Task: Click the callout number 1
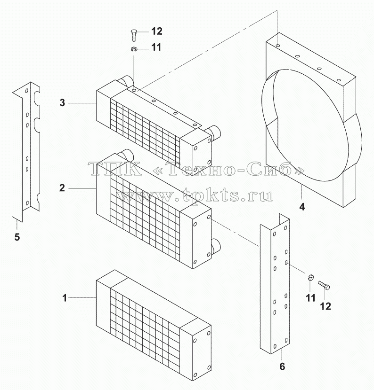65,298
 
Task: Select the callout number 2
62,188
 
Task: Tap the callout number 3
62,103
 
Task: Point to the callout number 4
302,207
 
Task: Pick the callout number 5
17,237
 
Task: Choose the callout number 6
282,367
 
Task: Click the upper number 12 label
157,31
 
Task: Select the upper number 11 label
156,47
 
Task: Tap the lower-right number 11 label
311,298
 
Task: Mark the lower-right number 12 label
325,306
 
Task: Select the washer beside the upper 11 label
134,49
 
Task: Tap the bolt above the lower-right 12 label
324,286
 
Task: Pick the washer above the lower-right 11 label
311,277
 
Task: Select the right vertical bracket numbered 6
275,283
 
